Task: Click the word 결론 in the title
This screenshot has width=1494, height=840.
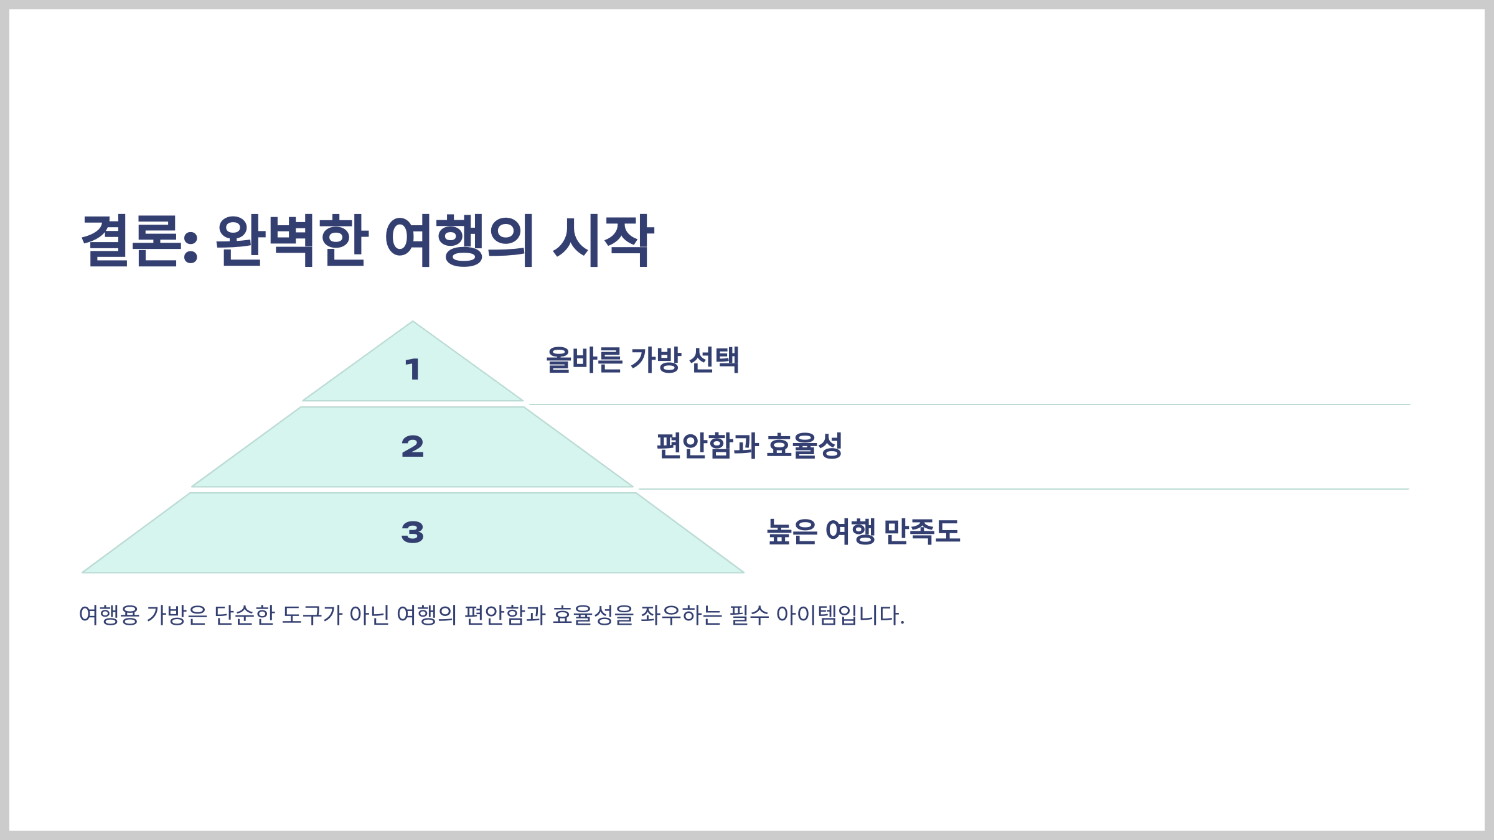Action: click(133, 241)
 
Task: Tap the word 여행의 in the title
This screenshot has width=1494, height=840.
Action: click(459, 241)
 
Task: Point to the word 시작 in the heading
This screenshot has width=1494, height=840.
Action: click(603, 241)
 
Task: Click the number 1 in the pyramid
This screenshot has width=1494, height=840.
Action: click(412, 370)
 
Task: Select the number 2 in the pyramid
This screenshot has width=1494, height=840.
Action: click(412, 447)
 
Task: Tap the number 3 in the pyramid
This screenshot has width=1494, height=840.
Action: click(412, 533)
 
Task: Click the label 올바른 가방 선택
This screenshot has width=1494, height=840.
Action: click(642, 360)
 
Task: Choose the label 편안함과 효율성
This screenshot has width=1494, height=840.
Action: click(749, 446)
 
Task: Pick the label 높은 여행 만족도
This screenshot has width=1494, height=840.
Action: click(863, 532)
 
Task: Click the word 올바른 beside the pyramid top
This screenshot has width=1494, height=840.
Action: click(584, 360)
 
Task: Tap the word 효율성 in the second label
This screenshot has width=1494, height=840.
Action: click(804, 446)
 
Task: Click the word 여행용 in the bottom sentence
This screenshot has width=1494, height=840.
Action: click(109, 615)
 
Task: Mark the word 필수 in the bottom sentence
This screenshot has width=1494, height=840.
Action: click(749, 615)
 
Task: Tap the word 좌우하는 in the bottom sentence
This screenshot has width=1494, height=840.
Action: click(681, 615)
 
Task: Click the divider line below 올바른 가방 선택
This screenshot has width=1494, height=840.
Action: click(969, 404)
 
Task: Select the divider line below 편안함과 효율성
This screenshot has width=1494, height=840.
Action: click(1023, 489)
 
